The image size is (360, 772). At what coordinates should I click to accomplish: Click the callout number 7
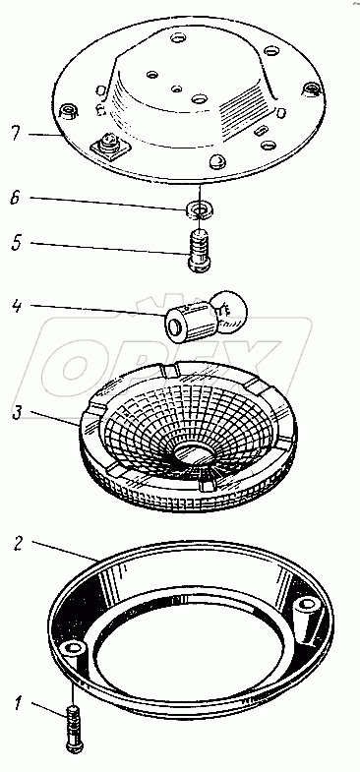[18, 134]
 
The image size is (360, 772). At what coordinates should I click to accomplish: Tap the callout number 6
[18, 198]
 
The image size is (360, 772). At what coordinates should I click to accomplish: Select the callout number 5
[18, 244]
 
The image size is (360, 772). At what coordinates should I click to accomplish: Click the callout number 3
[18, 413]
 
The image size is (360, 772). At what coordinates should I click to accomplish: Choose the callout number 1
[18, 704]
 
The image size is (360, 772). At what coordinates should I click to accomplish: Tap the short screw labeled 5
[200, 249]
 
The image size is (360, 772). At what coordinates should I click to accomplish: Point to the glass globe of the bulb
[228, 309]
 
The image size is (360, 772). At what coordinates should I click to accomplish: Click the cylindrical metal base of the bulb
[186, 323]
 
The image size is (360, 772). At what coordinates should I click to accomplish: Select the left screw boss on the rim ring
[74, 650]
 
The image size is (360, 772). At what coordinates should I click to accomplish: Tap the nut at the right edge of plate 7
[311, 89]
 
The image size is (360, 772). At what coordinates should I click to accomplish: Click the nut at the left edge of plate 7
[69, 111]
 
